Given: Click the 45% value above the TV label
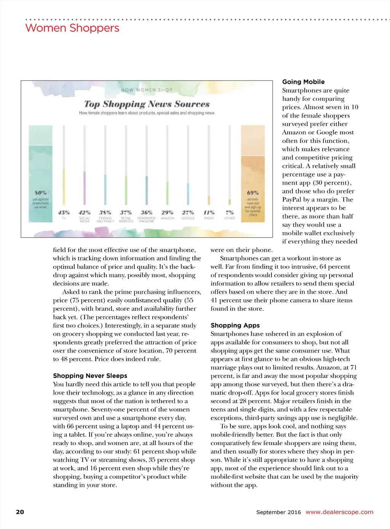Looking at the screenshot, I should [x=64, y=212].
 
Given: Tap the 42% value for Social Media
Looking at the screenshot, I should [x=85, y=212].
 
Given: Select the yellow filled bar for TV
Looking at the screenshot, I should [x=64, y=187].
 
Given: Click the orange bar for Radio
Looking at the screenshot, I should [x=209, y=200].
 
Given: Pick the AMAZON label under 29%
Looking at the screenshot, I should [x=167, y=219].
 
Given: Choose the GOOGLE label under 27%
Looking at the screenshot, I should [x=188, y=219].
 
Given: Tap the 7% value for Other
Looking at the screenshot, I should [x=230, y=212].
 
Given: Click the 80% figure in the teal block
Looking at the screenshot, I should [x=40, y=193].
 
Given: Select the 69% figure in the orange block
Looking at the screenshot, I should [x=253, y=193].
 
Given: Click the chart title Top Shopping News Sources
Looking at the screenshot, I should [x=147, y=104].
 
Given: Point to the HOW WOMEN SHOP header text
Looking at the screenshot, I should [x=147, y=90].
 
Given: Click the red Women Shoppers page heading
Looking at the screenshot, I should [x=72, y=28].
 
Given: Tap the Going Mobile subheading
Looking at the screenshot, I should [x=303, y=82].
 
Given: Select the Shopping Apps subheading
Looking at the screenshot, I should [x=235, y=325].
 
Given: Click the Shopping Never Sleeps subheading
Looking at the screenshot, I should [x=90, y=376].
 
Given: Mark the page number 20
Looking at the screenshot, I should [x=20, y=512].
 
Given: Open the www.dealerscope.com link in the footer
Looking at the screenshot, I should [x=339, y=512].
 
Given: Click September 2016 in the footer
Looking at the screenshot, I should [x=278, y=512].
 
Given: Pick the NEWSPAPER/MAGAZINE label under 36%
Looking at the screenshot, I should [x=147, y=220].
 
